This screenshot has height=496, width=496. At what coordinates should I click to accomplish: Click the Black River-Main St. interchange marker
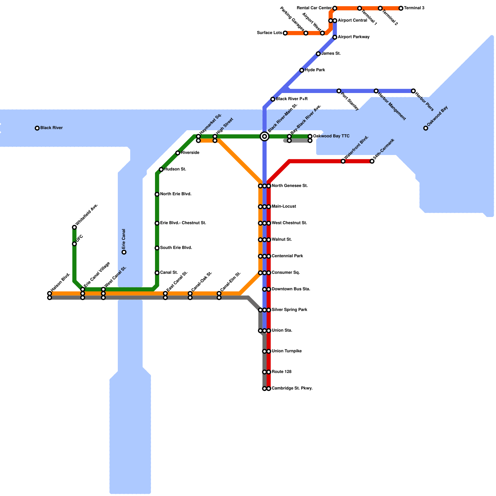264,136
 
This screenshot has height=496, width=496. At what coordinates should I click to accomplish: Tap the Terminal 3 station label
414,8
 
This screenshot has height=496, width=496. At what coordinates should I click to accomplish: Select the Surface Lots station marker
285,33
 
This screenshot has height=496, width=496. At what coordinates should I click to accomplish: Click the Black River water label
51,128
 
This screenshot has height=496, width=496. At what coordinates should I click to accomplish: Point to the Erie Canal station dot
124,252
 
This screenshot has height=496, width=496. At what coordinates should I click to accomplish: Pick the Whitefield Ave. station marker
74,228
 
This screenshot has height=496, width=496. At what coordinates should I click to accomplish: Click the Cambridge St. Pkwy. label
292,388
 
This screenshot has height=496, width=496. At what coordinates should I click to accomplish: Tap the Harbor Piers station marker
413,91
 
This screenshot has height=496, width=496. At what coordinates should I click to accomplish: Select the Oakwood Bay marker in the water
426,128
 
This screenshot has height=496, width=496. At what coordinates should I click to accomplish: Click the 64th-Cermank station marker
372,161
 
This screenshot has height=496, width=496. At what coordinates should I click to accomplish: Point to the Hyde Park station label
315,70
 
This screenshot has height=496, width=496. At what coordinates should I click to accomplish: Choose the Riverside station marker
178,153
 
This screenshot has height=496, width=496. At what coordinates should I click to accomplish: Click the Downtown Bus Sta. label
291,289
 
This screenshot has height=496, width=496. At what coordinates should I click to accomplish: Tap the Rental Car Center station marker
335,8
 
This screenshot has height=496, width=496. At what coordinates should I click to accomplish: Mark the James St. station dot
318,54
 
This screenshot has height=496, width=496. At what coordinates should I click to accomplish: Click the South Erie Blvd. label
176,248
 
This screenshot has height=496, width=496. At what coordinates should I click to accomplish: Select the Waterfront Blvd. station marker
343,161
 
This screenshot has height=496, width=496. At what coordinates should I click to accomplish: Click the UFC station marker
74,244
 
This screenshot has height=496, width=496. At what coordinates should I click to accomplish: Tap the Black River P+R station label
291,99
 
